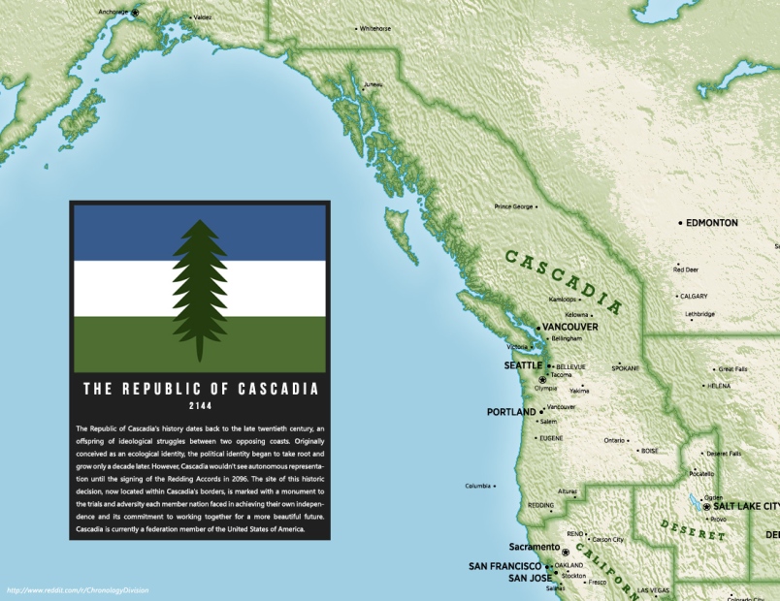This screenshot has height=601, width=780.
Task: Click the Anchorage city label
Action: point(113,12)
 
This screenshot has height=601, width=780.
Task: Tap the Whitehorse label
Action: point(374,29)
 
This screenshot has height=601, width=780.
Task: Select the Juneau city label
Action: point(373,85)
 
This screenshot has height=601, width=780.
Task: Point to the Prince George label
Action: point(513,206)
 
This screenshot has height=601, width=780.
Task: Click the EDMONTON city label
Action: point(711,223)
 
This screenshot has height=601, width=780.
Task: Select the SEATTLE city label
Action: point(522,365)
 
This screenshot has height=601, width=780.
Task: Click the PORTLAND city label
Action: point(510,412)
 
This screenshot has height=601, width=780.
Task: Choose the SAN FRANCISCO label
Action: point(504,566)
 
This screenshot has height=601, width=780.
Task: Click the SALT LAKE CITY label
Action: point(745,507)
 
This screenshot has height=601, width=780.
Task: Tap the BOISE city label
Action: point(649,451)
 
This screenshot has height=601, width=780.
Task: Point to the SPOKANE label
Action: point(626,368)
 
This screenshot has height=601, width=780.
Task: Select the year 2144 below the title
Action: point(200,406)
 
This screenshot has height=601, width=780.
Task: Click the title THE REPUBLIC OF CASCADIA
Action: point(200,389)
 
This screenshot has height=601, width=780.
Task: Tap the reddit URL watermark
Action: point(78,590)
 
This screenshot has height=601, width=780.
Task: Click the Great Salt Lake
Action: point(694,503)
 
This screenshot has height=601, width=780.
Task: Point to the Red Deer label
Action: point(686,269)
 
